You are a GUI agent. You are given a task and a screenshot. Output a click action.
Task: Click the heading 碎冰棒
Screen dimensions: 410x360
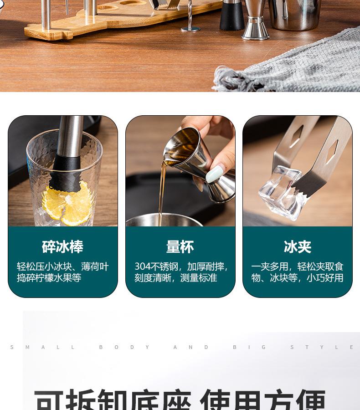[x=62, y=247]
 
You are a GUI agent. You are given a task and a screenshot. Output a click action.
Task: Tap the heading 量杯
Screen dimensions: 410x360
[x=180, y=247]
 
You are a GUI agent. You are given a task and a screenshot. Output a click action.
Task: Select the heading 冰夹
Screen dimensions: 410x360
[x=297, y=247]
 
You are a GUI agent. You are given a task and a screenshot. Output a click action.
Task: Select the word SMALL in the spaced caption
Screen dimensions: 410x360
[x=42, y=347]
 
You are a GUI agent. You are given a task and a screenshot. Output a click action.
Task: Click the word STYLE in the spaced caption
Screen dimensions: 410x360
[x=322, y=347]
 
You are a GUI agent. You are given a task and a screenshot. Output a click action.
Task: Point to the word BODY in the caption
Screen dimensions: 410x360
[x=124, y=347]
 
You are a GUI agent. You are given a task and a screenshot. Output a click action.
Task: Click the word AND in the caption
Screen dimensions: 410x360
[x=190, y=347]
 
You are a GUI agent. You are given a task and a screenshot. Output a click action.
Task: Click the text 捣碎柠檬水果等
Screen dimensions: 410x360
[x=49, y=278]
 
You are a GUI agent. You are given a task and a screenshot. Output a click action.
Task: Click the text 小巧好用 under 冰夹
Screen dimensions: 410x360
[x=325, y=278]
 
